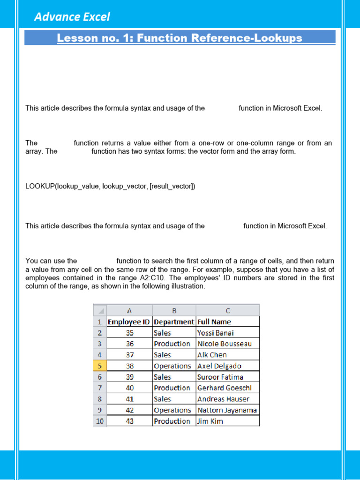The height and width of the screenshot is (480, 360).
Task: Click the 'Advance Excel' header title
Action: pyautogui.click(x=72, y=17)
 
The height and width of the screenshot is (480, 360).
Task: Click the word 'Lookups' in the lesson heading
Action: pyautogui.click(x=277, y=38)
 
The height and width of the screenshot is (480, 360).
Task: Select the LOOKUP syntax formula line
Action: pyautogui.click(x=110, y=187)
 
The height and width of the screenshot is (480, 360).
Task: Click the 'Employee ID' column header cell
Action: pyautogui.click(x=129, y=322)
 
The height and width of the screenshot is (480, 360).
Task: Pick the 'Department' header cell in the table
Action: pyautogui.click(x=174, y=322)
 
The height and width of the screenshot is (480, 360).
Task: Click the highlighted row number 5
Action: pyautogui.click(x=100, y=366)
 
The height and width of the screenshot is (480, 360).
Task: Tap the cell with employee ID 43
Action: pyautogui.click(x=130, y=421)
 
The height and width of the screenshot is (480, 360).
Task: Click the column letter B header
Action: pyautogui.click(x=174, y=310)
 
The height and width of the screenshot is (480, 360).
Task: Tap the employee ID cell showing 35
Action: pyautogui.click(x=130, y=333)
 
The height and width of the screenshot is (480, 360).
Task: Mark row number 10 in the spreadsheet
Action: pyautogui.click(x=100, y=421)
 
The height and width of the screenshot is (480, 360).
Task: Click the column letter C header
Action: pyautogui.click(x=228, y=310)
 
